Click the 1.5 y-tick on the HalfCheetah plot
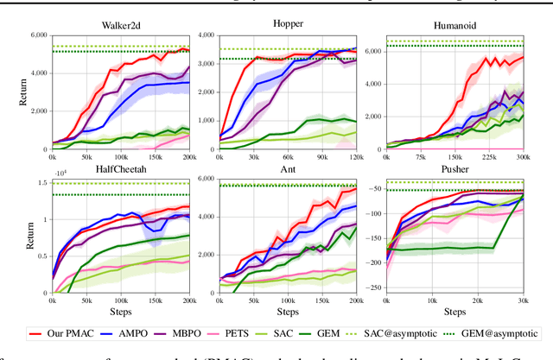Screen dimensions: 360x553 click(41, 182)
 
